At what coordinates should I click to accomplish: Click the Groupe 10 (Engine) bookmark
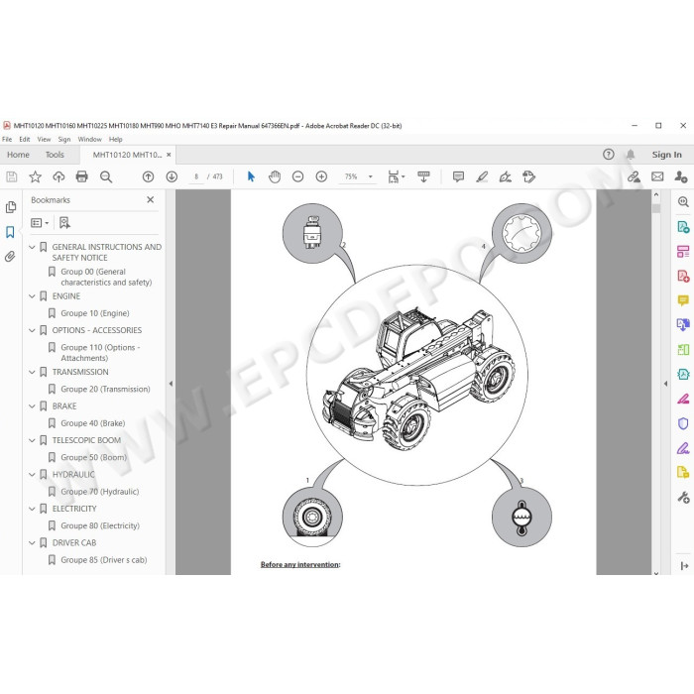coord(95,313)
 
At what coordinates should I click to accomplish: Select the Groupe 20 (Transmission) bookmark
coord(105,389)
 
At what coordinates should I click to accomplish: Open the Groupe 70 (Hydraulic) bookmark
coord(99,492)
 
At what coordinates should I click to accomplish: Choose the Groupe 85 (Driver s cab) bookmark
coord(103,560)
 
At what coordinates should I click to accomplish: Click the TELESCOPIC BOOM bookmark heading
coord(86,440)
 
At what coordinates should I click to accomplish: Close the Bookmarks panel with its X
coord(151,200)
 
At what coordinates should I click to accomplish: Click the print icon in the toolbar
coord(82,177)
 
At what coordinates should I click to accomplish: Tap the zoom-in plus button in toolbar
coord(321,177)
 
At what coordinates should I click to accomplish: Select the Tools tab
coord(55,155)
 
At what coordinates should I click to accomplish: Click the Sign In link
coord(666,155)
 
